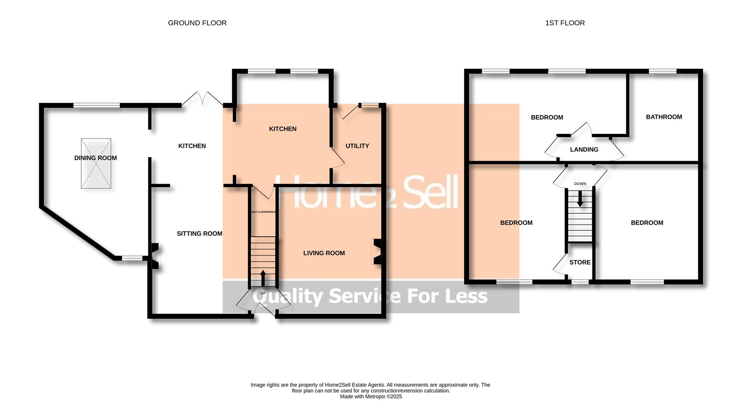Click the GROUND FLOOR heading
tap(197, 23)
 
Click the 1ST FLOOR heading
tap(565, 23)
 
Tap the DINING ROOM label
tap(95, 158)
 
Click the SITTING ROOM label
tap(199, 234)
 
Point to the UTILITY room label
tap(357, 146)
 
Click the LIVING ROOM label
tap(324, 253)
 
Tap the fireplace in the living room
tap(377, 252)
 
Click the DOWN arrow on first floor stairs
tap(580, 199)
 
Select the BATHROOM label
tap(664, 117)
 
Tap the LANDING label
tap(584, 150)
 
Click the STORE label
tap(580, 262)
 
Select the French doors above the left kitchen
tap(202, 99)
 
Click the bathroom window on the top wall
tap(662, 71)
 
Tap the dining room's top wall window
tap(97, 105)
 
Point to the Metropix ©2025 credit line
tap(371, 396)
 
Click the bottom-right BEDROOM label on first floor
tap(647, 223)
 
